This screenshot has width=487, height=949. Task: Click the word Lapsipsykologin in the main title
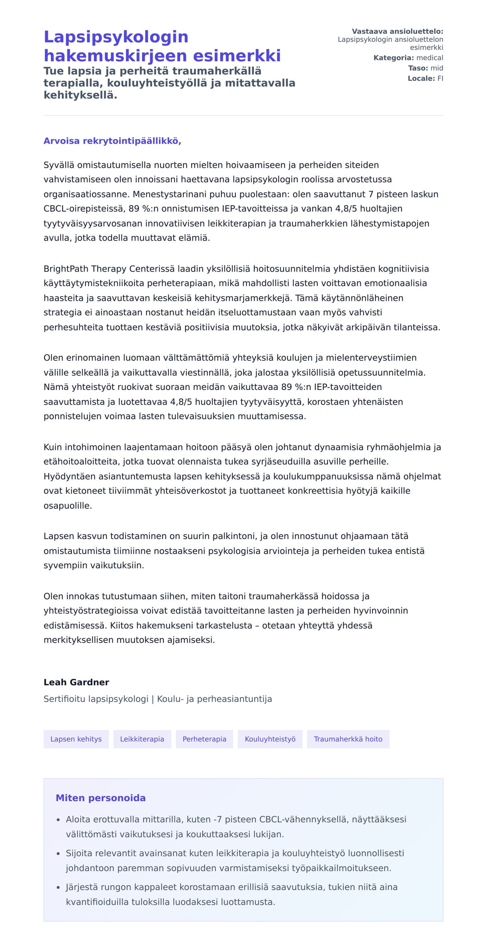pyautogui.click(x=116, y=37)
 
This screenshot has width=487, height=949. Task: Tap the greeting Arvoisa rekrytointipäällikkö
pyautogui.click(x=112, y=141)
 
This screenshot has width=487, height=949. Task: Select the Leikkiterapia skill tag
pyautogui.click(x=142, y=739)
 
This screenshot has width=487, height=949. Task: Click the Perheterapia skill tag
pyautogui.click(x=204, y=739)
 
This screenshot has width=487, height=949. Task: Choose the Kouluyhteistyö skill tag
pyautogui.click(x=270, y=739)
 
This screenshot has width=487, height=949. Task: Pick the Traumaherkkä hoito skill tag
pyautogui.click(x=348, y=739)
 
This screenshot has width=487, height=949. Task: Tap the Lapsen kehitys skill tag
pyautogui.click(x=76, y=739)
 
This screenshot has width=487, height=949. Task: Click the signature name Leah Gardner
pyautogui.click(x=76, y=682)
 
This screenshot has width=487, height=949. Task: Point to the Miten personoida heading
pyautogui.click(x=100, y=798)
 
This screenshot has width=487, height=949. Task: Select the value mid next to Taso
pyautogui.click(x=437, y=68)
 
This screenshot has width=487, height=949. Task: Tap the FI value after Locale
pyautogui.click(x=440, y=78)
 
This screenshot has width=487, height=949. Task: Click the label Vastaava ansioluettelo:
pyautogui.click(x=397, y=31)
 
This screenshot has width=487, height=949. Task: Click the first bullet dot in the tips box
pyautogui.click(x=58, y=820)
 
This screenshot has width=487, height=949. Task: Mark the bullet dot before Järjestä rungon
pyautogui.click(x=58, y=888)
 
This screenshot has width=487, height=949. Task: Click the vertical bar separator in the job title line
pyautogui.click(x=153, y=699)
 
